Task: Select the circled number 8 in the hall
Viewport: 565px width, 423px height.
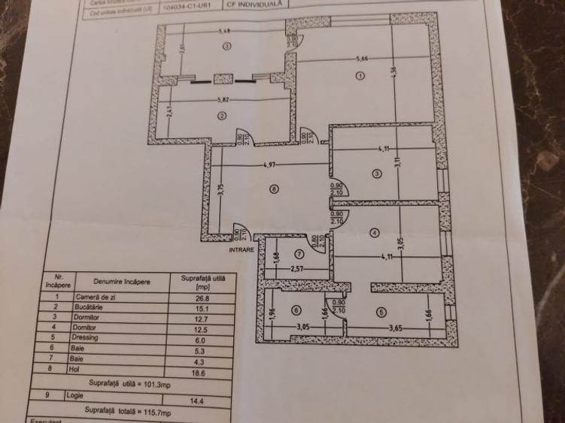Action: coord(275,189)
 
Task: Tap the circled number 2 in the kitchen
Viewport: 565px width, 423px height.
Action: coord(222,116)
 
